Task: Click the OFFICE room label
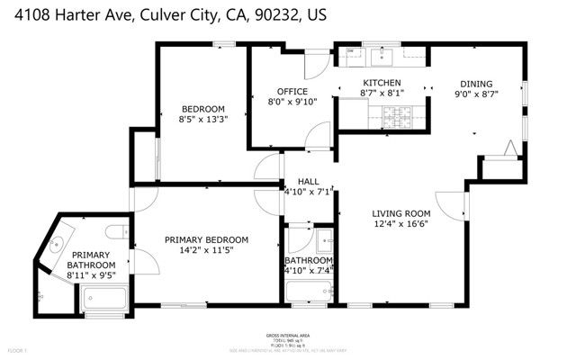click(292, 91)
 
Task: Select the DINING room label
click(477, 83)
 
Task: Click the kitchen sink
click(381, 57)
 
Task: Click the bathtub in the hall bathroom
click(309, 292)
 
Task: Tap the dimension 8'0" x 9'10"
click(292, 102)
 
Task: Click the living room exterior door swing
click(450, 208)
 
